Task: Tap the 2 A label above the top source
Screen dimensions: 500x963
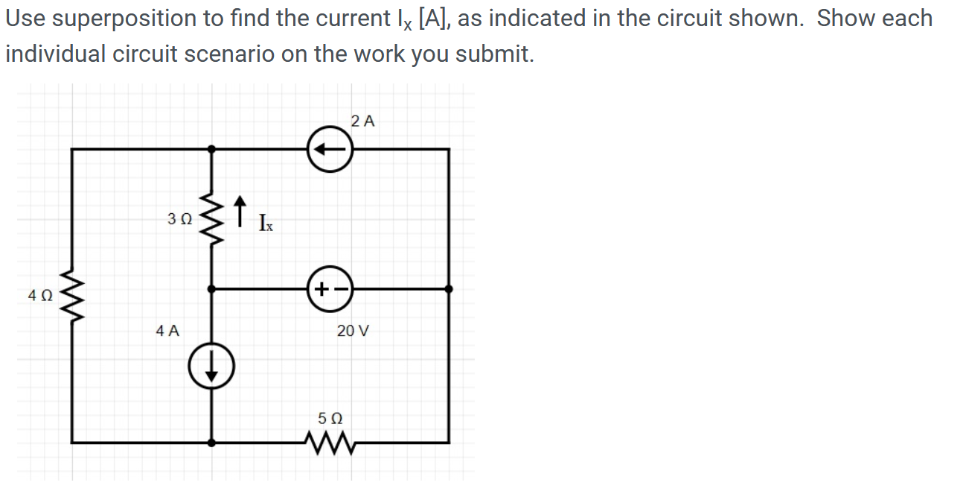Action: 362,121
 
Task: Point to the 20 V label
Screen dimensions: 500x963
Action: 352,331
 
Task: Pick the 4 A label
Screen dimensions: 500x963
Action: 167,331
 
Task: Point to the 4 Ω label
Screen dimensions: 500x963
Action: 39,296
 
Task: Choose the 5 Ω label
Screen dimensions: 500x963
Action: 329,417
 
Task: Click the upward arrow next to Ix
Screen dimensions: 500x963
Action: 240,211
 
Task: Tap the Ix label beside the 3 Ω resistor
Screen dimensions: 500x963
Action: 266,222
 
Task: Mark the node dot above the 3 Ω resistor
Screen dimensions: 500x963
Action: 212,149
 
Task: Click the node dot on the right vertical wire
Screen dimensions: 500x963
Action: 448,288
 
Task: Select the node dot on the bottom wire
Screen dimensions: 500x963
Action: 212,443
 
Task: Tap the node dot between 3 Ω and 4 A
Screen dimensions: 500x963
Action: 212,288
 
